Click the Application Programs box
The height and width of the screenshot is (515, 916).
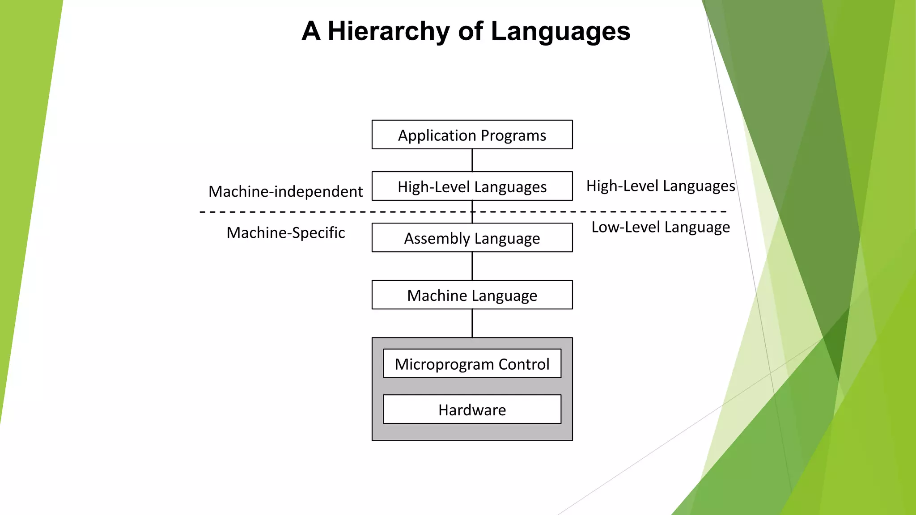pyautogui.click(x=472, y=135)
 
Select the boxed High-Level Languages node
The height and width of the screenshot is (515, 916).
pyautogui.click(x=472, y=186)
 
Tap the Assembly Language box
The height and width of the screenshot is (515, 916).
pyautogui.click(x=472, y=238)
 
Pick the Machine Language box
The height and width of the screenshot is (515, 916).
pyautogui.click(x=472, y=295)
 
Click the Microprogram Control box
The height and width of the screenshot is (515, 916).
pyautogui.click(x=472, y=363)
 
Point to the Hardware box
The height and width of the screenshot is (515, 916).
pyautogui.click(x=472, y=409)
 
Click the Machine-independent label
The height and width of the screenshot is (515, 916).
pyautogui.click(x=285, y=191)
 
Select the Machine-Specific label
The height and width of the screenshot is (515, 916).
pyautogui.click(x=285, y=232)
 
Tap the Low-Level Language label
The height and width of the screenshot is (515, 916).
pyautogui.click(x=660, y=227)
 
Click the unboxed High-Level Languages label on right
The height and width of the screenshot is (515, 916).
pyautogui.click(x=660, y=186)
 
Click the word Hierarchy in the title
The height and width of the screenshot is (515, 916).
pyautogui.click(x=389, y=31)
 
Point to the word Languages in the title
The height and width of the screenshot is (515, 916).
pyautogui.click(x=560, y=31)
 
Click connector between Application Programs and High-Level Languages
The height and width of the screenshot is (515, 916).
pyautogui.click(x=472, y=160)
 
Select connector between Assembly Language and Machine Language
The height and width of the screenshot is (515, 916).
pyautogui.click(x=472, y=266)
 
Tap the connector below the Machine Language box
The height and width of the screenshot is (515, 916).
pyautogui.click(x=472, y=323)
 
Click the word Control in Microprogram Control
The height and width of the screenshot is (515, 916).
pyautogui.click(x=524, y=364)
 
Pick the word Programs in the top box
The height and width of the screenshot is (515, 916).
pyautogui.click(x=513, y=135)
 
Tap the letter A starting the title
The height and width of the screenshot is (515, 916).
pyautogui.click(x=311, y=31)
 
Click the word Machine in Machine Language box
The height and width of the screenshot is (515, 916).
pyautogui.click(x=437, y=295)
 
